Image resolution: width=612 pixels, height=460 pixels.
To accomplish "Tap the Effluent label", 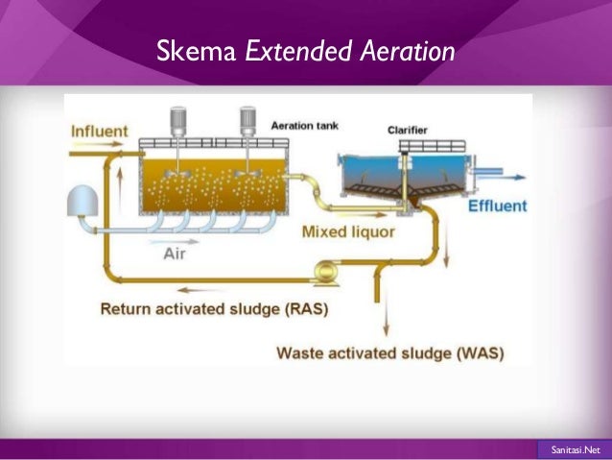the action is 497,206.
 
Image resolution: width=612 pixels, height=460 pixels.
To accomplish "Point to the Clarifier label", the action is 407,131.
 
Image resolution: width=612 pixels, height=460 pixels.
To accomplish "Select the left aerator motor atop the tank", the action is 178,120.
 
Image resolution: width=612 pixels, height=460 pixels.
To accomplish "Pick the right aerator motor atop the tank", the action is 247,120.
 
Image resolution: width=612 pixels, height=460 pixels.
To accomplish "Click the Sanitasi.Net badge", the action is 573,448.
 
